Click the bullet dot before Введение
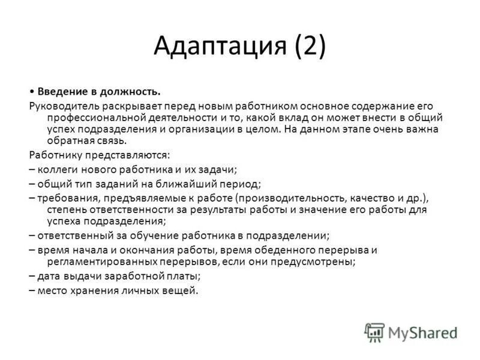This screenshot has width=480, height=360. click(31, 91)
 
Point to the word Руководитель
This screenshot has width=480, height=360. click(62, 105)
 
